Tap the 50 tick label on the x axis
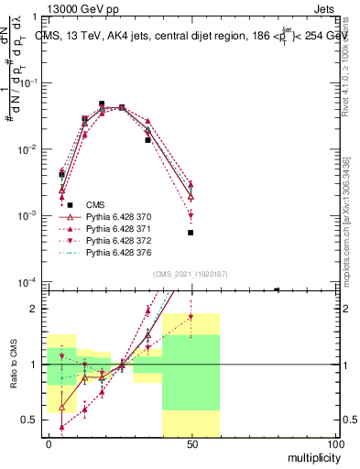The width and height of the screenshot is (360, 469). [x=191, y=443]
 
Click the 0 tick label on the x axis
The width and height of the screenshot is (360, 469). [x=48, y=443]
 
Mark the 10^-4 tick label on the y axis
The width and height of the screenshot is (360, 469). [x=29, y=282]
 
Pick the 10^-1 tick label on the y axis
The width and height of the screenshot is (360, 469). [x=29, y=82]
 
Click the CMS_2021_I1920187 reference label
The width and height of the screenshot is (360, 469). [x=190, y=274]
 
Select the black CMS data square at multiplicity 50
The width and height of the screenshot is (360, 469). [x=191, y=233]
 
